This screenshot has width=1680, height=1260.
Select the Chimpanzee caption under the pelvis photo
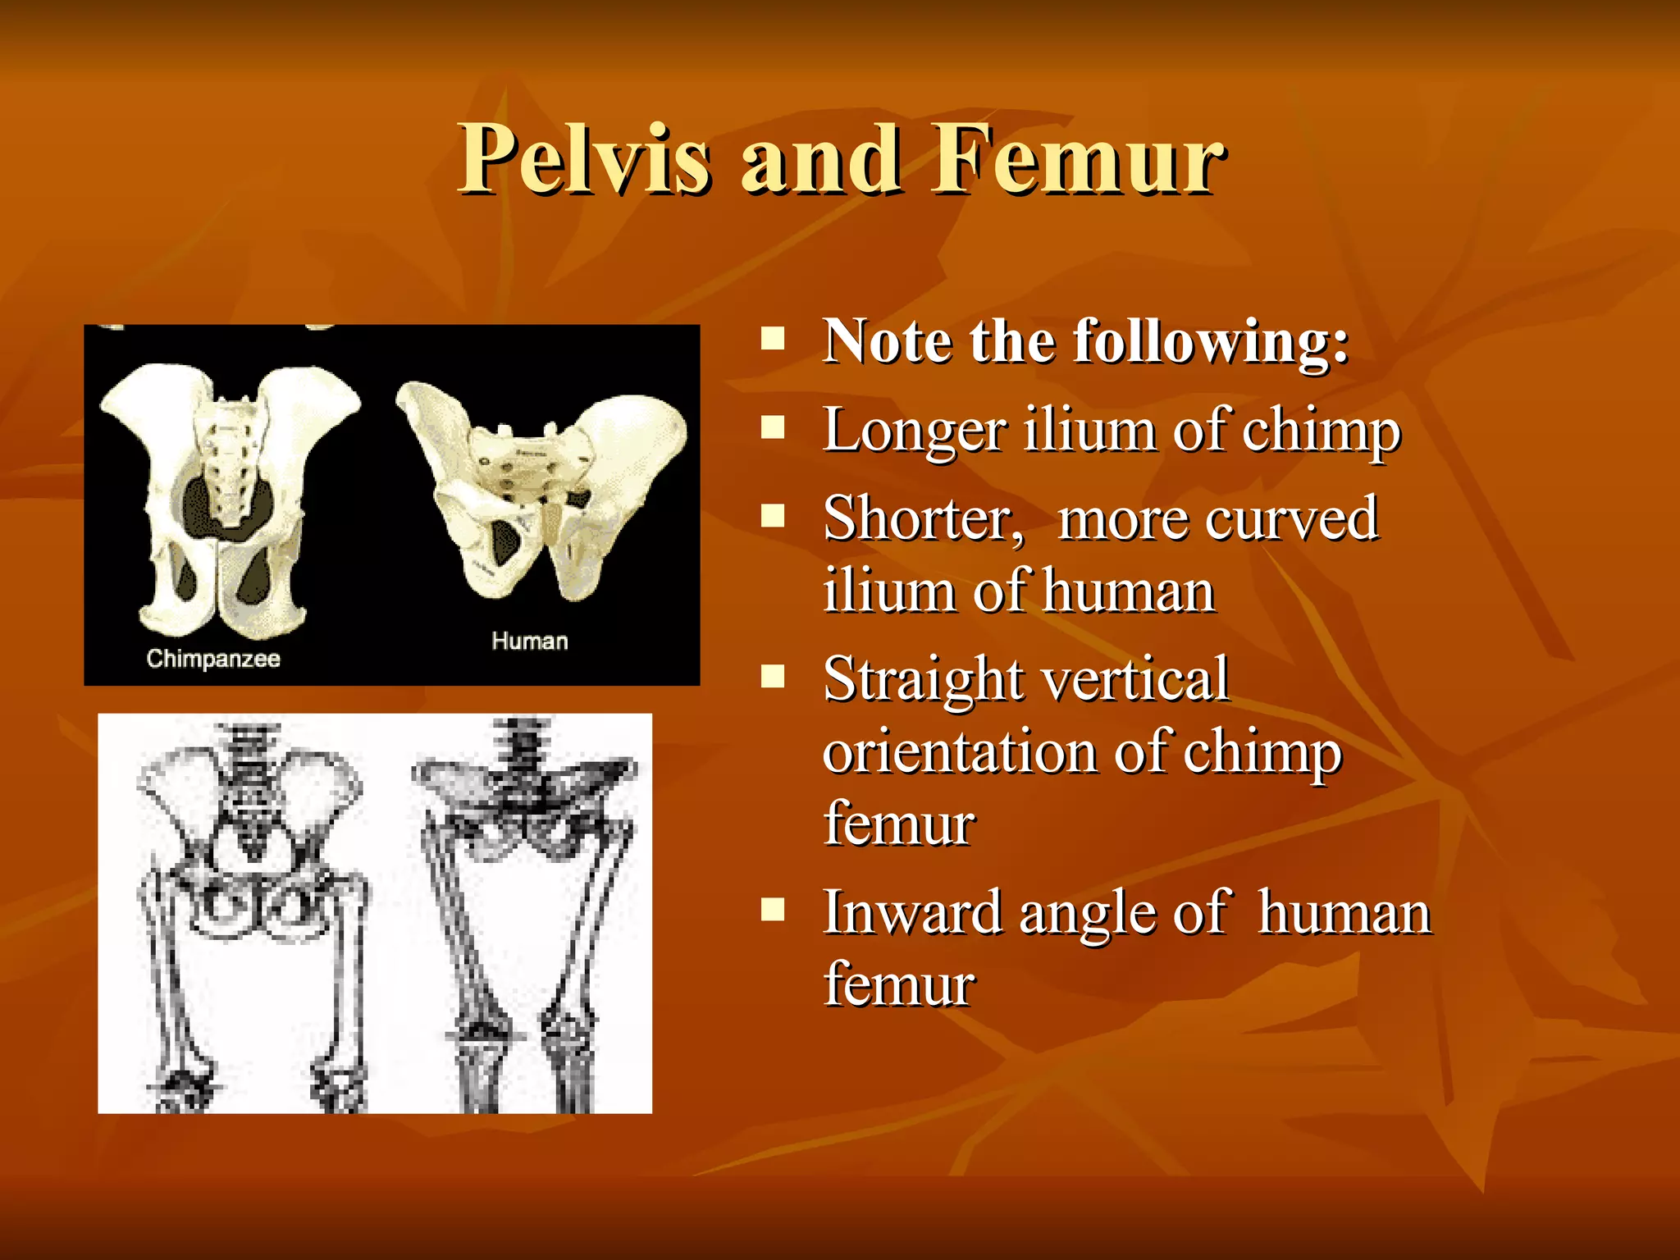pyautogui.click(x=213, y=659)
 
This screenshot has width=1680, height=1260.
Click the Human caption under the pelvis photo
pyautogui.click(x=529, y=641)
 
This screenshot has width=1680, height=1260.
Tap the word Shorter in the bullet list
pyautogui.click(x=923, y=519)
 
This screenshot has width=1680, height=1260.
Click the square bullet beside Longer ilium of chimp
pyautogui.click(x=773, y=427)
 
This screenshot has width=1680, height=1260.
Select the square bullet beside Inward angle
pyautogui.click(x=773, y=910)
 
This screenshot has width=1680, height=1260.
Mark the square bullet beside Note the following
pyautogui.click(x=773, y=338)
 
